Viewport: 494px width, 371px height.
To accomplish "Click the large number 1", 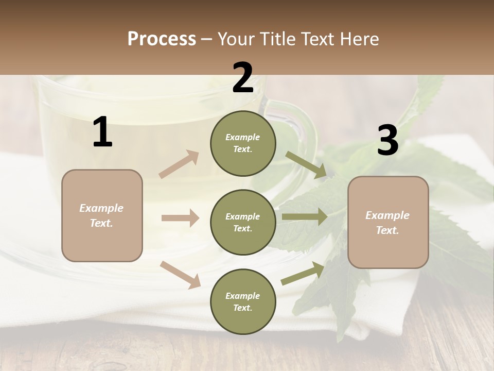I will click(102, 132).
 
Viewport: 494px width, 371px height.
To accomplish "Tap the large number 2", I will click(243, 78).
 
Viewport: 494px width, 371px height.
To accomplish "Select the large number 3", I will click(387, 141).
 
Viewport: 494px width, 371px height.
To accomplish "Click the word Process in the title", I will click(162, 39).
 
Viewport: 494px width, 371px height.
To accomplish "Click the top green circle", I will click(243, 143).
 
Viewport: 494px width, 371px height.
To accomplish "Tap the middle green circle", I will click(243, 223).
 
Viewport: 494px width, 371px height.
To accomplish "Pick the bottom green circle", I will click(243, 302).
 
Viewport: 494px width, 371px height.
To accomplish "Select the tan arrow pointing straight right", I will click(180, 218).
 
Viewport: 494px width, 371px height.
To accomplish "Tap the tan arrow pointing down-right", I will click(181, 274).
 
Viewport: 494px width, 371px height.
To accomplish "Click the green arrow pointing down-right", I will click(306, 165).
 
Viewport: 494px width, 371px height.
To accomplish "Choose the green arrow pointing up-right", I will click(303, 274).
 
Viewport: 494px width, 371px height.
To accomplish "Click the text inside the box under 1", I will click(101, 215).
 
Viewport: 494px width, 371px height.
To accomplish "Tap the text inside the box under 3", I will click(387, 223).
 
